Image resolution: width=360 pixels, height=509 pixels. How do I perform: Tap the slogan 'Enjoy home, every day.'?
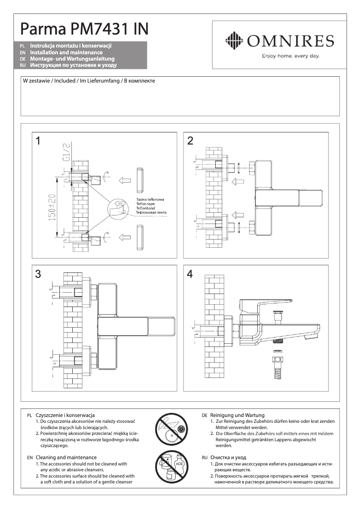coord(290,56)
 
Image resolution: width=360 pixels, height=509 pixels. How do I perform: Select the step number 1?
coord(39,141)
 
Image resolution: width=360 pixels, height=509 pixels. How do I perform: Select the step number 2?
coord(190,141)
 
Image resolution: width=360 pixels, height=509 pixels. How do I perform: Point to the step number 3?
coord(39,274)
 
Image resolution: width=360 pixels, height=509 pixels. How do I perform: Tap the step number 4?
coord(190,274)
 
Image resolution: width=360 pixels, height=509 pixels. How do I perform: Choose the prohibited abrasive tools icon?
coord(171,429)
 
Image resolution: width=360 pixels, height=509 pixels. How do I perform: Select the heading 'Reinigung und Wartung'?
coord(237,415)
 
